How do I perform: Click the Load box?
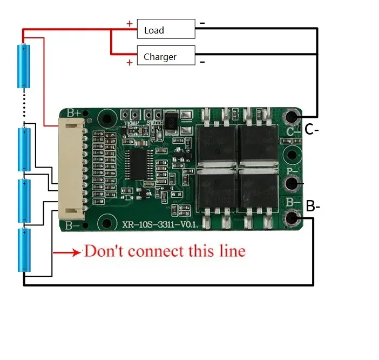pyautogui.click(x=166, y=29)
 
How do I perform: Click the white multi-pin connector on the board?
pyautogui.click(x=72, y=169)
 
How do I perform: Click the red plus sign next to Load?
pyautogui.click(x=129, y=23)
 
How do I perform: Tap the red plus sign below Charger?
pyautogui.click(x=129, y=63)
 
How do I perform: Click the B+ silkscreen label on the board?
pyautogui.click(x=75, y=114)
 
